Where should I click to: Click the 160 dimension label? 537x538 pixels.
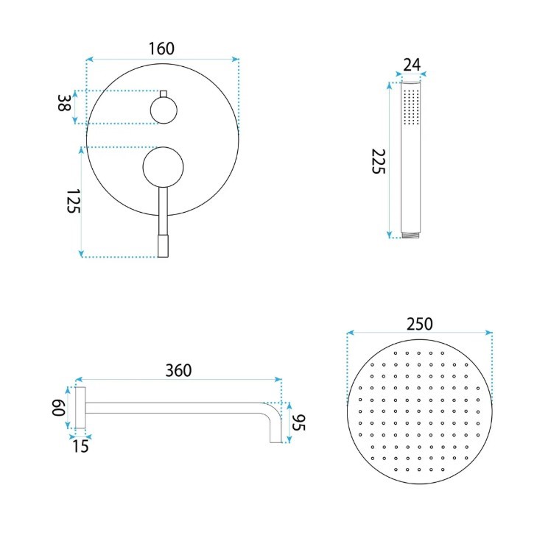(x=161, y=49)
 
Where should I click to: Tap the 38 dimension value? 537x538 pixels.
(x=64, y=102)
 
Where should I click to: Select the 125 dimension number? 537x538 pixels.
(x=73, y=201)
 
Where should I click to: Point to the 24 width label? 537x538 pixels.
(x=412, y=65)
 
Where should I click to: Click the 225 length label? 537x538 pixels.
(x=379, y=161)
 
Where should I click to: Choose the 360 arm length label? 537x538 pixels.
(x=178, y=370)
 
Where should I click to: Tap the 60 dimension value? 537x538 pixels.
(x=59, y=408)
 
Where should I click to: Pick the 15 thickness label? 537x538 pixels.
(x=80, y=447)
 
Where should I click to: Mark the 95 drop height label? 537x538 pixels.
(x=299, y=422)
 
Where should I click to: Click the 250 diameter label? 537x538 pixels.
(x=420, y=324)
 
